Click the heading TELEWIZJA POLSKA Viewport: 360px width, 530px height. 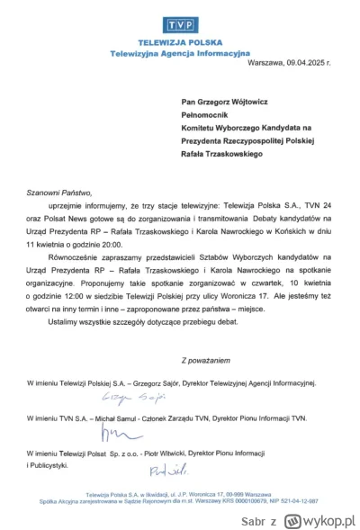point(179,43)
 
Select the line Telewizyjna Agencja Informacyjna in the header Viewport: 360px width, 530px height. point(179,53)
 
